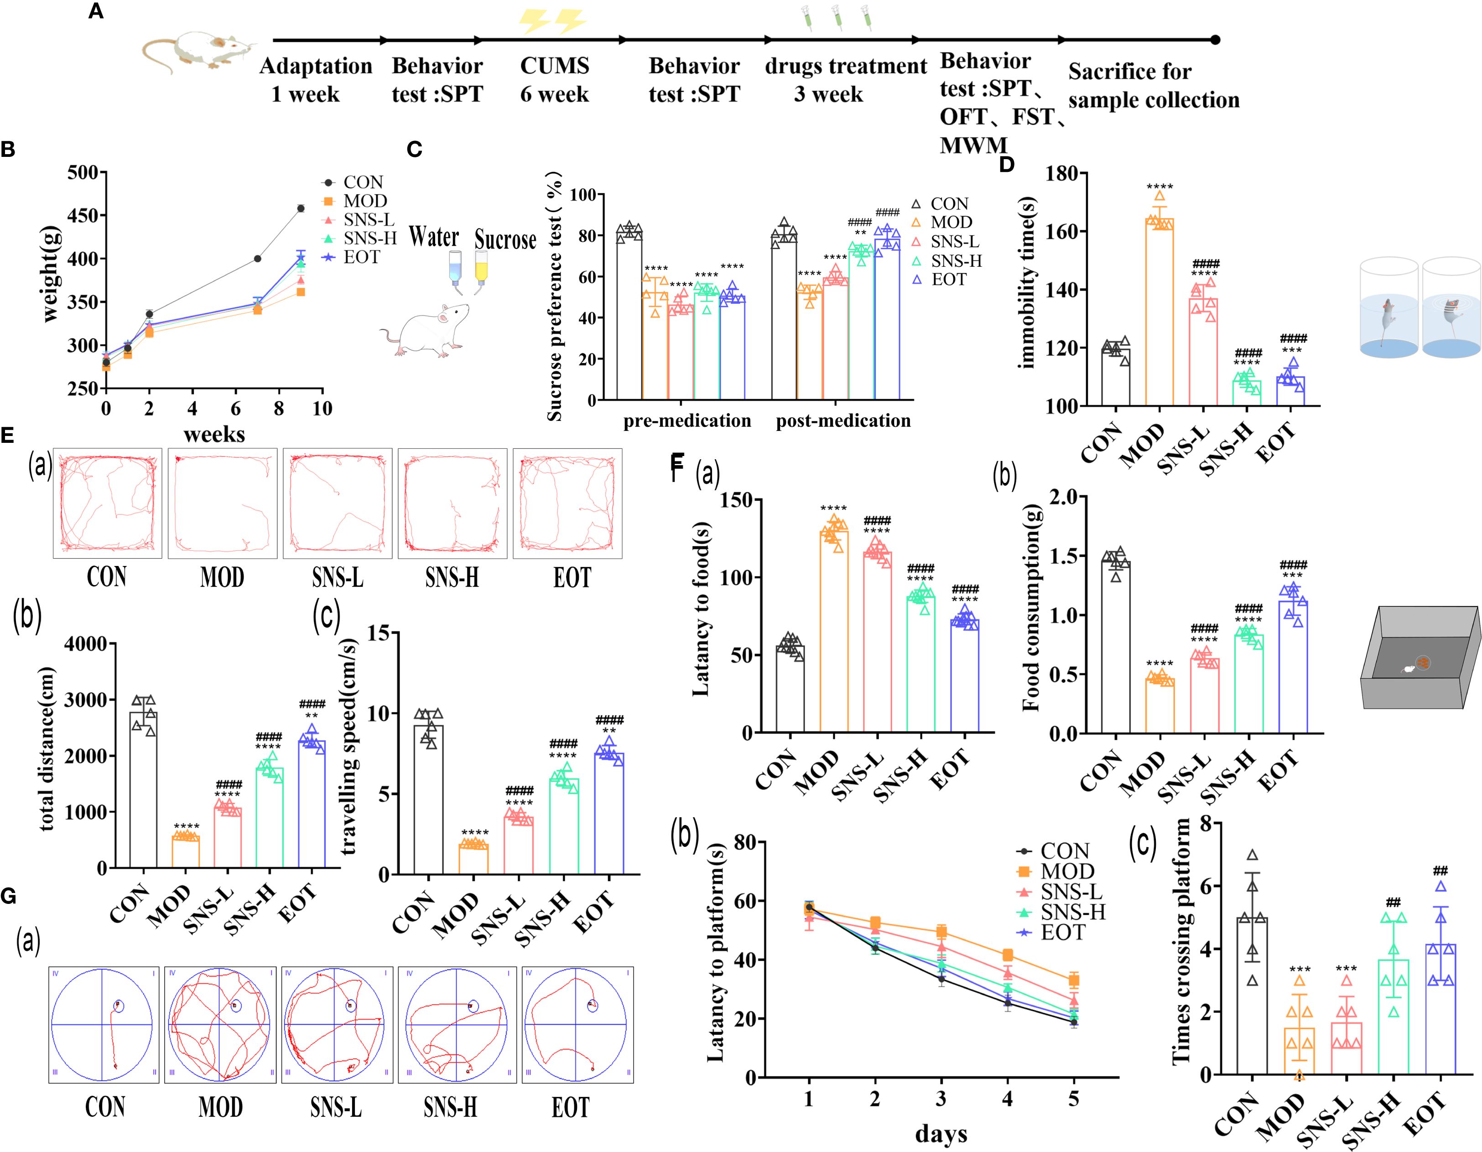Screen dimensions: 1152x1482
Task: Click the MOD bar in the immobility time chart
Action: pyautogui.click(x=1159, y=312)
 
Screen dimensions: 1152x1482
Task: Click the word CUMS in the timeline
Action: pyautogui.click(x=554, y=66)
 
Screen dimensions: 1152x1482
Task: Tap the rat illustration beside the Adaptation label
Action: pyautogui.click(x=197, y=51)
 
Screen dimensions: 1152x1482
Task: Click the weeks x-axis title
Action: pyautogui.click(x=214, y=434)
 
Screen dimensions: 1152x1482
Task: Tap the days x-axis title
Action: pyautogui.click(x=941, y=1132)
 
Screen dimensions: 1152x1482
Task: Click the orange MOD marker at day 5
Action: pyautogui.click(x=1073, y=980)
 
